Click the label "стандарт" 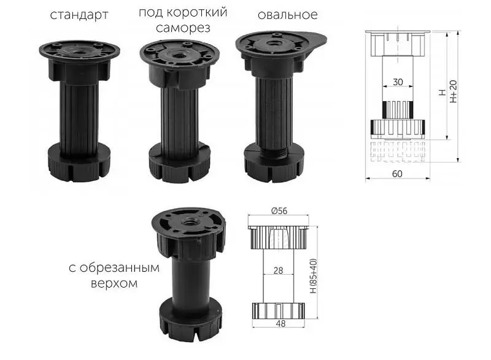click(79, 15)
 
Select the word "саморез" click(183, 28)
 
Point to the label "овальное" click(287, 15)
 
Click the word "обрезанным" click(119, 268)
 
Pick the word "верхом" click(114, 283)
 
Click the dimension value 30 click(398, 82)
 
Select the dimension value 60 click(397, 174)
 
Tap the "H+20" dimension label click(454, 91)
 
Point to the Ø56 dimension click(279, 211)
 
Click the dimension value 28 click(278, 270)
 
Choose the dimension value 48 click(280, 324)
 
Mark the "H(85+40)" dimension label click(313, 276)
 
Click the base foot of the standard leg click(80, 163)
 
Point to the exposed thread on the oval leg click(275, 152)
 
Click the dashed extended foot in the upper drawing click(397, 151)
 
